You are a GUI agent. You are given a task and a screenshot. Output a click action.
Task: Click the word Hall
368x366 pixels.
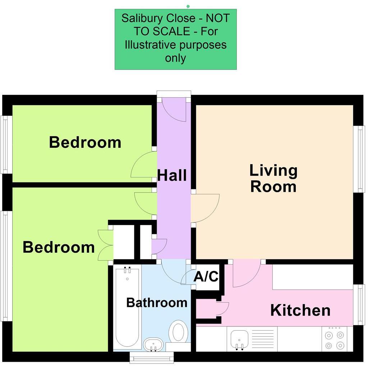coord(172,176)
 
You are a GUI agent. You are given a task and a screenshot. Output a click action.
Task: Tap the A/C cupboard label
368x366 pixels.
coord(206,277)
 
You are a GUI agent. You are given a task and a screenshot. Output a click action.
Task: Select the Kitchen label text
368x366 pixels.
coord(300,310)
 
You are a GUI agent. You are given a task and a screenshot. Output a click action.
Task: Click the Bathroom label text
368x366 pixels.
coord(157,302)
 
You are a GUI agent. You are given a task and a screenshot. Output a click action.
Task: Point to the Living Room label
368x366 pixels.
coord(273,179)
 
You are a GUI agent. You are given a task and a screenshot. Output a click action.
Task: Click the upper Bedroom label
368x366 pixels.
coord(85,142)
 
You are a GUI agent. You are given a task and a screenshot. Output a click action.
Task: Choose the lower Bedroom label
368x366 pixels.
coord(59,247)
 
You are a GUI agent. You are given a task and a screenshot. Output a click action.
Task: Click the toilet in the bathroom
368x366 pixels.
coord(178,332)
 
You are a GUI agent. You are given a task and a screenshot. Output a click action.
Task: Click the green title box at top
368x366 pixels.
coord(175,39)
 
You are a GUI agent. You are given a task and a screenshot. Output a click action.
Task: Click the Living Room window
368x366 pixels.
coord(359,159)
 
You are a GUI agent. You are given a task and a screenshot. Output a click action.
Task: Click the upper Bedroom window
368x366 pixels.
coord(5,144)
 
